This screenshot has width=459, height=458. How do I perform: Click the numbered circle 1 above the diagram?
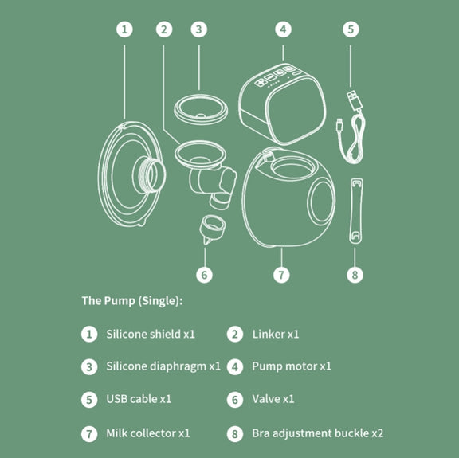coord(124,29)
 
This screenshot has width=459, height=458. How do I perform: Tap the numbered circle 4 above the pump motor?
coord(283,29)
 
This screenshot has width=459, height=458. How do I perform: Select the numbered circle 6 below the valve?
coord(204,275)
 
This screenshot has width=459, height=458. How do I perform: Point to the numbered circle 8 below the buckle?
coord(355,275)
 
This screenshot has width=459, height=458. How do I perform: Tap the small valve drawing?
coord(212,229)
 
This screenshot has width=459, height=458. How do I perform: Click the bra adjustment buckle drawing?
coord(356,211)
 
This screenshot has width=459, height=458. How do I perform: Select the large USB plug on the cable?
coord(354,100)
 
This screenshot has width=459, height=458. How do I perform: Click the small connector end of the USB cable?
coord(339,125)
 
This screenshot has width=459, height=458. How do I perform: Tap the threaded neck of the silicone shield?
coord(149,174)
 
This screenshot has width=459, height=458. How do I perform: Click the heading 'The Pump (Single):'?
coord(132,301)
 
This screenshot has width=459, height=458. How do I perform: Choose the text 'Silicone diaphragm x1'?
coord(163,366)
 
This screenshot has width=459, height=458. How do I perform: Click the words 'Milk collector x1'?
coord(148,433)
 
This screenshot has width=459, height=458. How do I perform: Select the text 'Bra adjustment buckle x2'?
coord(318,433)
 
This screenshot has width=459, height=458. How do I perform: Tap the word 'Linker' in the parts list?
coord(269,335)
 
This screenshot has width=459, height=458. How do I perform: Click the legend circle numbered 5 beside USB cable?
coord(89,400)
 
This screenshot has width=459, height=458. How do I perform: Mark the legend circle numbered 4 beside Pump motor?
coord(235,367)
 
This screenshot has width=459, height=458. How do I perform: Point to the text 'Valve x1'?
coord(273,399)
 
